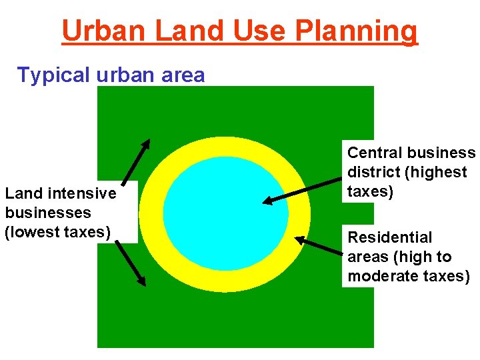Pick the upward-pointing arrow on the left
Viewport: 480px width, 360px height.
tap(136, 161)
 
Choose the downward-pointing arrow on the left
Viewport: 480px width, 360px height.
tap(131, 264)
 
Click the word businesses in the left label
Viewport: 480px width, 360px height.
tap(48, 213)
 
